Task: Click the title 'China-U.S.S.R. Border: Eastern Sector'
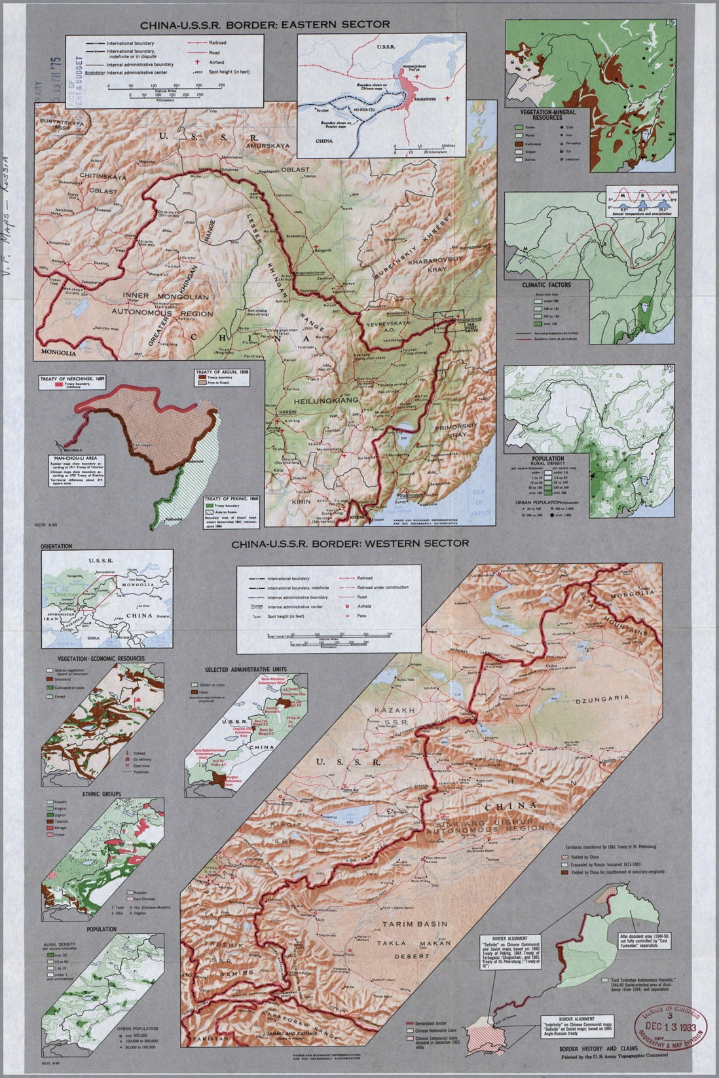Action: click(x=264, y=24)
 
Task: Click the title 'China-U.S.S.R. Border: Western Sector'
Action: click(x=349, y=543)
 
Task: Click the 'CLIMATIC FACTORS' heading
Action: click(x=546, y=285)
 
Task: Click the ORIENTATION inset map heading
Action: click(x=56, y=545)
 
